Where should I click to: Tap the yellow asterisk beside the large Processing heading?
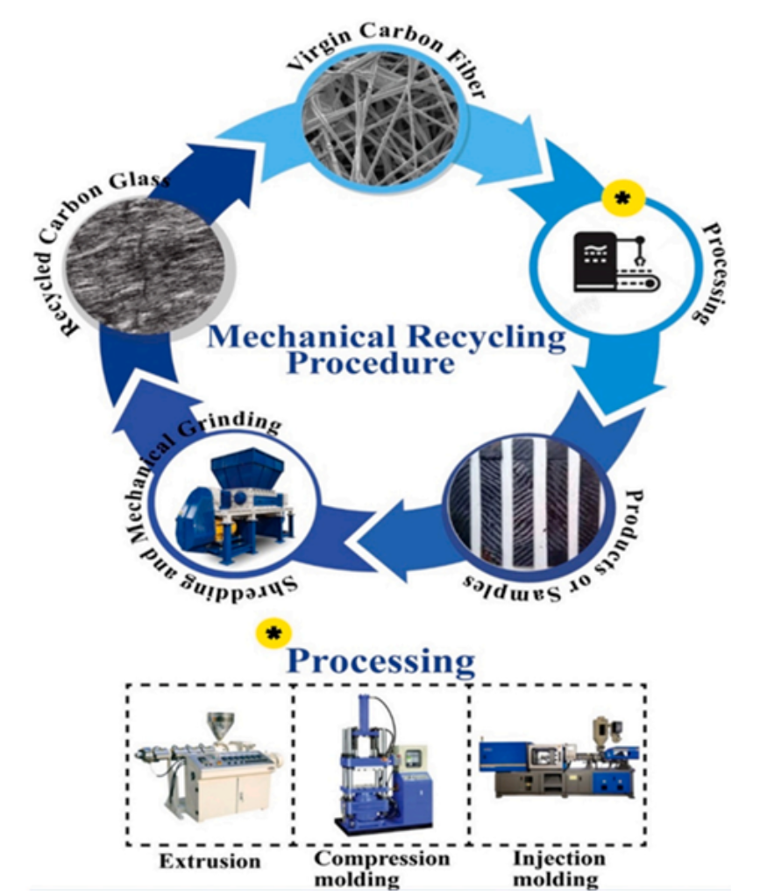click(273, 634)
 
